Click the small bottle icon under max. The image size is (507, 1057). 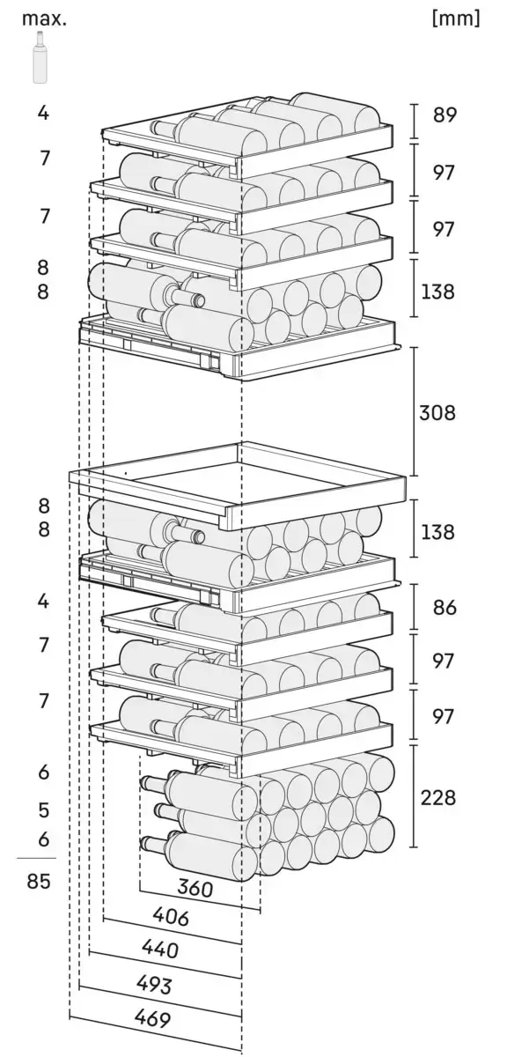coord(40,57)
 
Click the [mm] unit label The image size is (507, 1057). coord(456,18)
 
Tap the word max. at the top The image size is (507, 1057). coord(44,18)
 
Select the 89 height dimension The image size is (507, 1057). coord(445,115)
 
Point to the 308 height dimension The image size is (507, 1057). coord(437,412)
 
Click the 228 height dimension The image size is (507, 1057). coord(437,797)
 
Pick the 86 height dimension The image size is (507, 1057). coord(445,607)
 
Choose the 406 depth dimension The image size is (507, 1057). coord(171,917)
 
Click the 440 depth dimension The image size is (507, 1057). coord(160,950)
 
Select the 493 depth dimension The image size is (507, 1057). coord(154,984)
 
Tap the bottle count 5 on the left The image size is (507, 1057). coord(43,809)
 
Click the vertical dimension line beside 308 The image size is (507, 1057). coord(415,411)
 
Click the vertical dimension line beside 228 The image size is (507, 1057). coord(415,795)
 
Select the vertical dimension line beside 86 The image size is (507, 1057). coord(415,607)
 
